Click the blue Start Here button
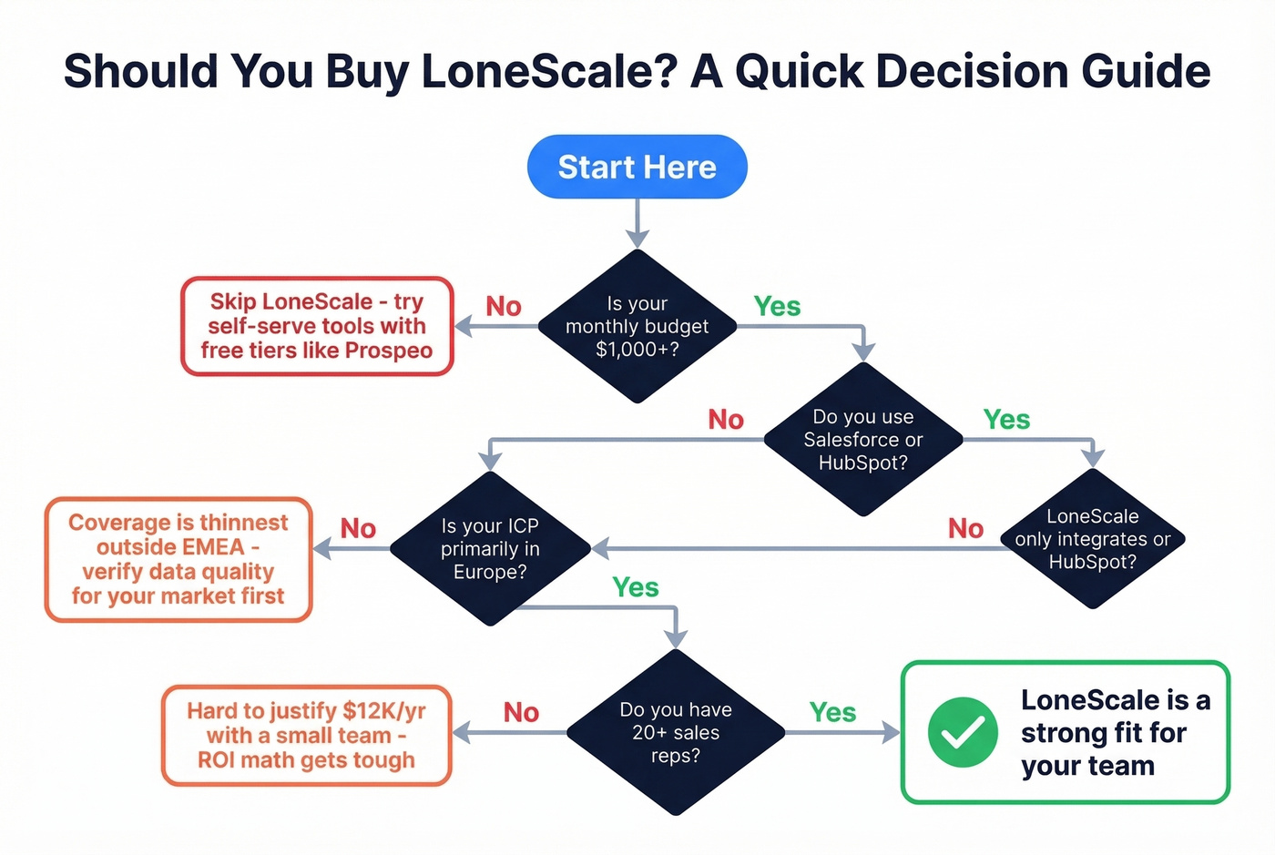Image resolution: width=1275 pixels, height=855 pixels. pyautogui.click(x=637, y=167)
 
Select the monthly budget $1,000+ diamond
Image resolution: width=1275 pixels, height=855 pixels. pyautogui.click(x=637, y=326)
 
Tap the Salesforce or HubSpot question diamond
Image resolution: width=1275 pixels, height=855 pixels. pyautogui.click(x=862, y=439)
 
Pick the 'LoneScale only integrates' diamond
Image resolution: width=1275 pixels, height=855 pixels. pyautogui.click(x=1092, y=539)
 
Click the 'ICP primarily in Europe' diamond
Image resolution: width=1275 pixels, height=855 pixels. pyautogui.click(x=490, y=548)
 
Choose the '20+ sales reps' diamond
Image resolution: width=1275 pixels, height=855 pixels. pyautogui.click(x=676, y=732)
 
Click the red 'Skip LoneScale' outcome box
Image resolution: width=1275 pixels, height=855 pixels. pyautogui.click(x=317, y=326)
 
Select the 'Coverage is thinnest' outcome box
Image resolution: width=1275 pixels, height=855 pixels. pyautogui.click(x=178, y=559)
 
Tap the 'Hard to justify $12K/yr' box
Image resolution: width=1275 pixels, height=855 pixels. pyautogui.click(x=306, y=735)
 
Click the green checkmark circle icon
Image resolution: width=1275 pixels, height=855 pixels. pyautogui.click(x=963, y=732)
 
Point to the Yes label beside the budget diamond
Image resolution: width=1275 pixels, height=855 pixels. pyautogui.click(x=777, y=307)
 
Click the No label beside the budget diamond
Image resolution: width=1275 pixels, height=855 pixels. pyautogui.click(x=504, y=307)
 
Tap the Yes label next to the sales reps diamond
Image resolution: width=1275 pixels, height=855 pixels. pyautogui.click(x=832, y=712)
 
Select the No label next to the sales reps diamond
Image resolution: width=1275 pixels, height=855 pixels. pyautogui.click(x=521, y=712)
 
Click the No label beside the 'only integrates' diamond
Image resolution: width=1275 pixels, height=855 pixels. pyautogui.click(x=965, y=528)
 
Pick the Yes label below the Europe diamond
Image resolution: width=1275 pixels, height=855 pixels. pyautogui.click(x=635, y=587)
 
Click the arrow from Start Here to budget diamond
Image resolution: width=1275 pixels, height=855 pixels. pyautogui.click(x=637, y=222)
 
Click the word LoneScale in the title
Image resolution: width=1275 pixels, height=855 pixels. pyautogui.click(x=548, y=71)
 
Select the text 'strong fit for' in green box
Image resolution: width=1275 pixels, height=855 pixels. pyautogui.click(x=1103, y=733)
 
